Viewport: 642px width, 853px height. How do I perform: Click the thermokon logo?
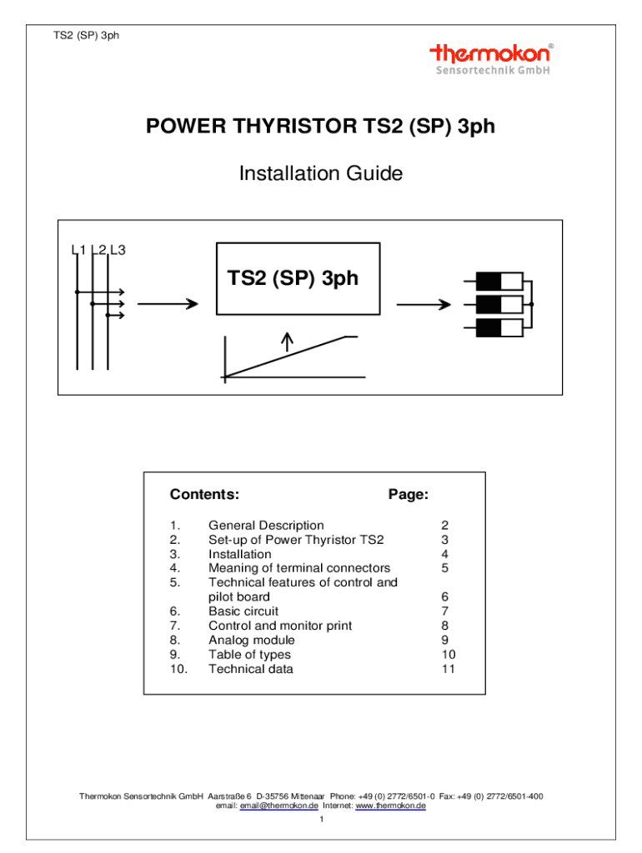tap(492, 59)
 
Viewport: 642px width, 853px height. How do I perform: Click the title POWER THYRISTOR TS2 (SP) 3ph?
tap(320, 127)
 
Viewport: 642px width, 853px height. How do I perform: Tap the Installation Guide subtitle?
tap(321, 173)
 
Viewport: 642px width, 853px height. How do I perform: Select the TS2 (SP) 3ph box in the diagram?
tap(298, 278)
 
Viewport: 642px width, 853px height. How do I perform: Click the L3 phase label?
tap(118, 250)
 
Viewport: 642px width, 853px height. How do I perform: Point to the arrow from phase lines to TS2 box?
tap(168, 303)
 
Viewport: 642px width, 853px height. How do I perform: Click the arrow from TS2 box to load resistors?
tap(424, 305)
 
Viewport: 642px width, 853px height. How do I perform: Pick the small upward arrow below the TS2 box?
tap(287, 342)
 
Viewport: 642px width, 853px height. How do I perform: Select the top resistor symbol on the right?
tap(499, 282)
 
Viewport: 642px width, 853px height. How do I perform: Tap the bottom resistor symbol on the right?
tap(499, 328)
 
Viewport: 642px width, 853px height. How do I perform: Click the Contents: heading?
tap(204, 494)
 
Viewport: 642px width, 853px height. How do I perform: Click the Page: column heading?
tap(409, 494)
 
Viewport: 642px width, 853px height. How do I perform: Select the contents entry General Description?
tap(266, 526)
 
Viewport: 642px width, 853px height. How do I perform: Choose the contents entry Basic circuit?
tap(243, 611)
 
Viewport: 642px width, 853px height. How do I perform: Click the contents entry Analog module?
tap(252, 641)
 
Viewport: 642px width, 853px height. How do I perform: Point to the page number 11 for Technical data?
tap(448, 669)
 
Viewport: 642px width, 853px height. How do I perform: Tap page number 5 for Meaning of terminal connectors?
tap(445, 568)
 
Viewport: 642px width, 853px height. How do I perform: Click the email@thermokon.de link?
tap(278, 806)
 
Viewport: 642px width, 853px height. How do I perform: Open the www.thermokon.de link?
tap(390, 806)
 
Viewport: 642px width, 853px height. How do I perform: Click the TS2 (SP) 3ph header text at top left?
tap(86, 35)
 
